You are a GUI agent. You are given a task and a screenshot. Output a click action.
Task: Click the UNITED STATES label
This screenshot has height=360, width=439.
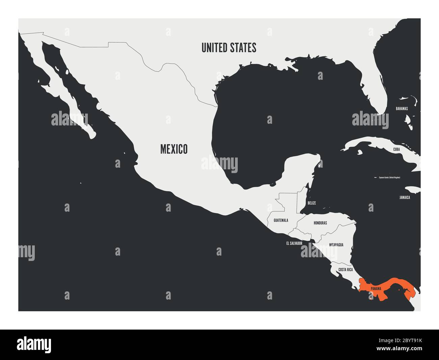pos(229,48)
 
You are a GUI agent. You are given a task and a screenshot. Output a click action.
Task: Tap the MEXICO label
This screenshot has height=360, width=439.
pos(174,149)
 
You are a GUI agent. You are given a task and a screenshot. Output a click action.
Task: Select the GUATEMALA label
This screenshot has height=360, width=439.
pos(281,220)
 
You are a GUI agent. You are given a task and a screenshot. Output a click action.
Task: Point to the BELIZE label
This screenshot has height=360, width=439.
pos(311,203)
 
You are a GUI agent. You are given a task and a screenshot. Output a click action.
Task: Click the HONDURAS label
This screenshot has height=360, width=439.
pos(320,223)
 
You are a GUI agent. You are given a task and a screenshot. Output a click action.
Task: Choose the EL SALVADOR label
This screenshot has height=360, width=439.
pos(294,243)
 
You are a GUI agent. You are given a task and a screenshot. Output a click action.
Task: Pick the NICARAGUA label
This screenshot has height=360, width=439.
pos(336,245)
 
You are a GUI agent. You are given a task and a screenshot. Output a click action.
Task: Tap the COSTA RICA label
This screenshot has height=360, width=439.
pos(345,270)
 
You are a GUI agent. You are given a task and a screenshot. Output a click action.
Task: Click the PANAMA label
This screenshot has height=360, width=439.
pos(376,289)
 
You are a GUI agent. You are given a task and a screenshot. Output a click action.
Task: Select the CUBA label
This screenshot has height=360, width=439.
pos(396,149)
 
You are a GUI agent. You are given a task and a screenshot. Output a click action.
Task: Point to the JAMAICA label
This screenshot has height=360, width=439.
pos(404,197)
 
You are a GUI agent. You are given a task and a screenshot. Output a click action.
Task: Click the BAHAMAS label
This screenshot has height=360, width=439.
pos(402,109)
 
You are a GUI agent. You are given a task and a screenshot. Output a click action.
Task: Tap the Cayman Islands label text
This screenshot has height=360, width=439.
pos(389,177)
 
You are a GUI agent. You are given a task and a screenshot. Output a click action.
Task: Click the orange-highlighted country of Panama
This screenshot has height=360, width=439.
pos(392,284)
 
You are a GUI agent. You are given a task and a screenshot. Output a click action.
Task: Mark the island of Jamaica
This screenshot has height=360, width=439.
pos(412,190)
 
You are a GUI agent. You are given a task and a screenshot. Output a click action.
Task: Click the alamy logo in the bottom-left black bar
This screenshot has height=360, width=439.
pos(34,344)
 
